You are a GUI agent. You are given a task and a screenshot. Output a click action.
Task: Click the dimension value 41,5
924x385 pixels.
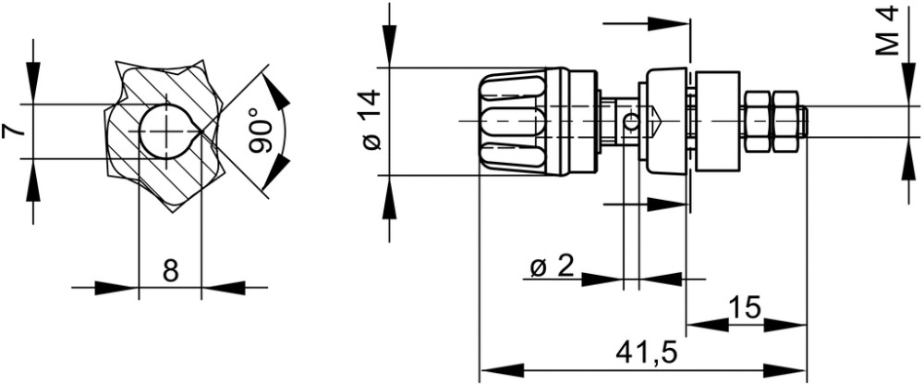(647, 354)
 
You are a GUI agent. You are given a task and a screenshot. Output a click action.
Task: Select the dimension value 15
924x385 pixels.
(745, 307)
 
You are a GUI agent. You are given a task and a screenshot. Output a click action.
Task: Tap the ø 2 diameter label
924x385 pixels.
(552, 267)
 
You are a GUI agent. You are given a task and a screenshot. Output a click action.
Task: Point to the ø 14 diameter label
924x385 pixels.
(372, 120)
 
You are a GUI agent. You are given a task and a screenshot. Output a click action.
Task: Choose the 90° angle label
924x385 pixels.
(261, 130)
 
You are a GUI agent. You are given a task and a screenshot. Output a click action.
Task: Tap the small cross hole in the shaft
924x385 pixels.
(631, 123)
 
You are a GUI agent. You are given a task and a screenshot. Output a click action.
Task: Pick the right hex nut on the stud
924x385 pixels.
(786, 121)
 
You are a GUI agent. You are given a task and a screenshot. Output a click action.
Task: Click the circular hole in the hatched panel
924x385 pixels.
(167, 130)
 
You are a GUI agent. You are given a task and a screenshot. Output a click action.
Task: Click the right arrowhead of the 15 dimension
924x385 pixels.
(784, 324)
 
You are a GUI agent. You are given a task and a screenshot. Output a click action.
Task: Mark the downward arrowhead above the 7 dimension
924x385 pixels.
(33, 82)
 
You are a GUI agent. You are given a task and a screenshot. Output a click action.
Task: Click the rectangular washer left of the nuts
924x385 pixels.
(718, 121)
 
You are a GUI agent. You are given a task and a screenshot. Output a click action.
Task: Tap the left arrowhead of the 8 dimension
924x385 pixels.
(116, 288)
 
